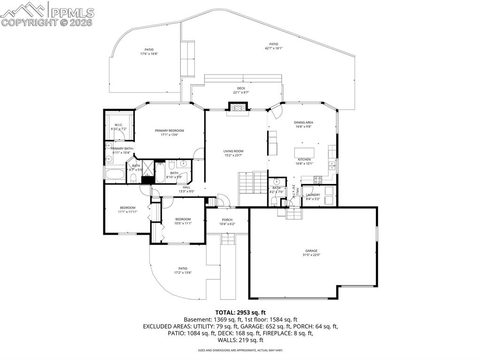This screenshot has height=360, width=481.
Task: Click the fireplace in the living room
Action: (237, 107)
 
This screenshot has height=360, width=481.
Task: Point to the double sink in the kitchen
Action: (332, 165)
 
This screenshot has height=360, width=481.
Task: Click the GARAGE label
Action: (311, 251)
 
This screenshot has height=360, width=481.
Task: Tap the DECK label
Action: (241, 88)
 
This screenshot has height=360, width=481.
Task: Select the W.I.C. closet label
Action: (118, 125)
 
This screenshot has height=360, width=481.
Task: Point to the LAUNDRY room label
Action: (313, 195)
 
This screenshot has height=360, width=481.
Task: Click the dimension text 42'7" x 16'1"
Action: (273, 48)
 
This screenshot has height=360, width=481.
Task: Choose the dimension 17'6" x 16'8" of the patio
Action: (149, 54)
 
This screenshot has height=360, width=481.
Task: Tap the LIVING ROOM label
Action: (233, 151)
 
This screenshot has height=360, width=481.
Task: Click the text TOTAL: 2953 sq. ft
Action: (240, 312)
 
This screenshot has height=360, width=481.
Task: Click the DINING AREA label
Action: (304, 123)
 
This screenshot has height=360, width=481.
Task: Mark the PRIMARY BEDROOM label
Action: (170, 130)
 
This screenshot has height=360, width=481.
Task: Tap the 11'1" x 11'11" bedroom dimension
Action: (127, 212)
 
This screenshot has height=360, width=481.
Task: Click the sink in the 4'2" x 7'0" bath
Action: (277, 182)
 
